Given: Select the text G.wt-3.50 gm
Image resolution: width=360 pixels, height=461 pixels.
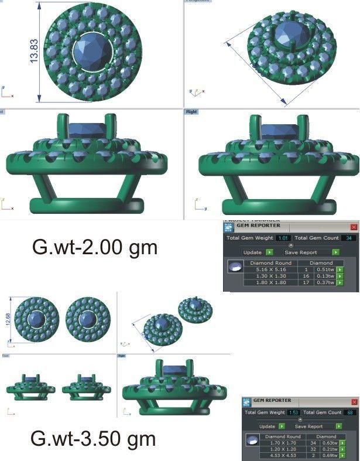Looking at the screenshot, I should point(93,438).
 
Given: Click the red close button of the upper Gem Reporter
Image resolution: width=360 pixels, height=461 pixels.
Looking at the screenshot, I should point(353,226).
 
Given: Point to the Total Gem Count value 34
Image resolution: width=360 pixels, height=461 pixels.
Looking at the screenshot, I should point(349,238).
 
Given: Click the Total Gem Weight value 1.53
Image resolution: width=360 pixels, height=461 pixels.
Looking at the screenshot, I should point(294,413).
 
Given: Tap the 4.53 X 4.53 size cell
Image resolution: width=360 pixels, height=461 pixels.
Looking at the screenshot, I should point(283,456).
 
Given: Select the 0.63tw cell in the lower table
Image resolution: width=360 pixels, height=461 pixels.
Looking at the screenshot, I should point(328,443).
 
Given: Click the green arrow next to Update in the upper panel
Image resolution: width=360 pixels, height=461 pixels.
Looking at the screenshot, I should point(269,252).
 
